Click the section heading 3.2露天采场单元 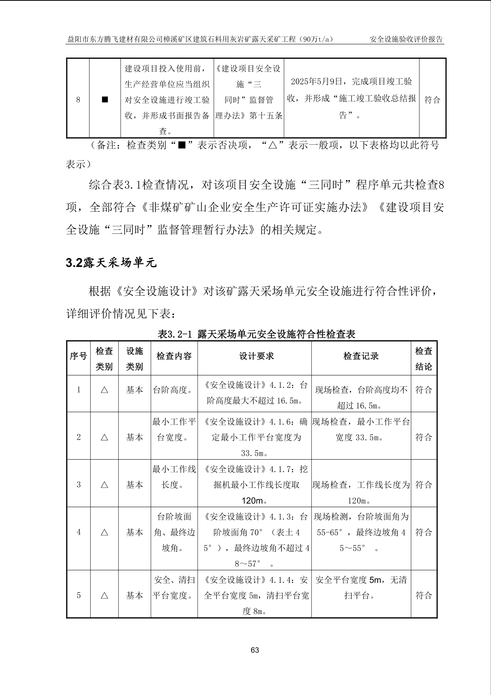point(111,263)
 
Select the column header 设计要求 point(256,356)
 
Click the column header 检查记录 point(361,356)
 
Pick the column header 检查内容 point(174,356)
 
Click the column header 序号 point(78,356)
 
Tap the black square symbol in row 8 point(105,99)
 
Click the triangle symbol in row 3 point(104,485)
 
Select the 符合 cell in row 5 point(424,595)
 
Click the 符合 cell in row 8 point(432,99)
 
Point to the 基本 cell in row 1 point(134,390)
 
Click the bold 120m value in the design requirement point(253,501)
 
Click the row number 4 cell point(79,532)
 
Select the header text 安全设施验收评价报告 point(406,40)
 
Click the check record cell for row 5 point(361,588)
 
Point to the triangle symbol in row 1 point(104,390)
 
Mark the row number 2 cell point(79,437)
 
